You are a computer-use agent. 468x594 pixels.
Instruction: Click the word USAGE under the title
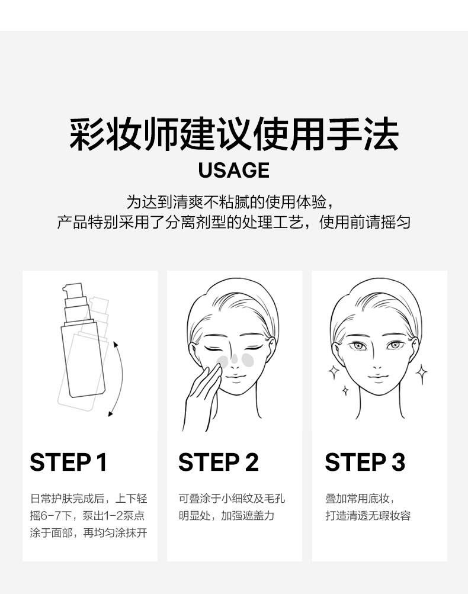(x=234, y=170)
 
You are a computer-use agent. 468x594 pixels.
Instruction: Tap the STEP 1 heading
(x=68, y=462)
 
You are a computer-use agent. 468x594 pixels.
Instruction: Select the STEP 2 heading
(x=218, y=462)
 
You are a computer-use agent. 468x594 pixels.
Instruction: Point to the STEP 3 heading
(x=365, y=462)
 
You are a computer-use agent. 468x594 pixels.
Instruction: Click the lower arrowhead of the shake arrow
(x=110, y=413)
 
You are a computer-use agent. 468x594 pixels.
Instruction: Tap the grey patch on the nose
(x=235, y=358)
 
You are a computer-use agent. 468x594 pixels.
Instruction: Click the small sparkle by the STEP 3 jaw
(x=345, y=390)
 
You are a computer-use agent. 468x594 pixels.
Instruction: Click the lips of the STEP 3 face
(x=378, y=376)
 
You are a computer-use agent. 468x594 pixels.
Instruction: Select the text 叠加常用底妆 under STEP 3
(x=357, y=499)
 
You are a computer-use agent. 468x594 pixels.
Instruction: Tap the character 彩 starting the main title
(x=86, y=134)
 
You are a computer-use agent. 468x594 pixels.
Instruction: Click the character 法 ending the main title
(x=382, y=134)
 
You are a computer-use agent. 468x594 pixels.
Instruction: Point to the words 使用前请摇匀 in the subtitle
(x=365, y=222)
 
